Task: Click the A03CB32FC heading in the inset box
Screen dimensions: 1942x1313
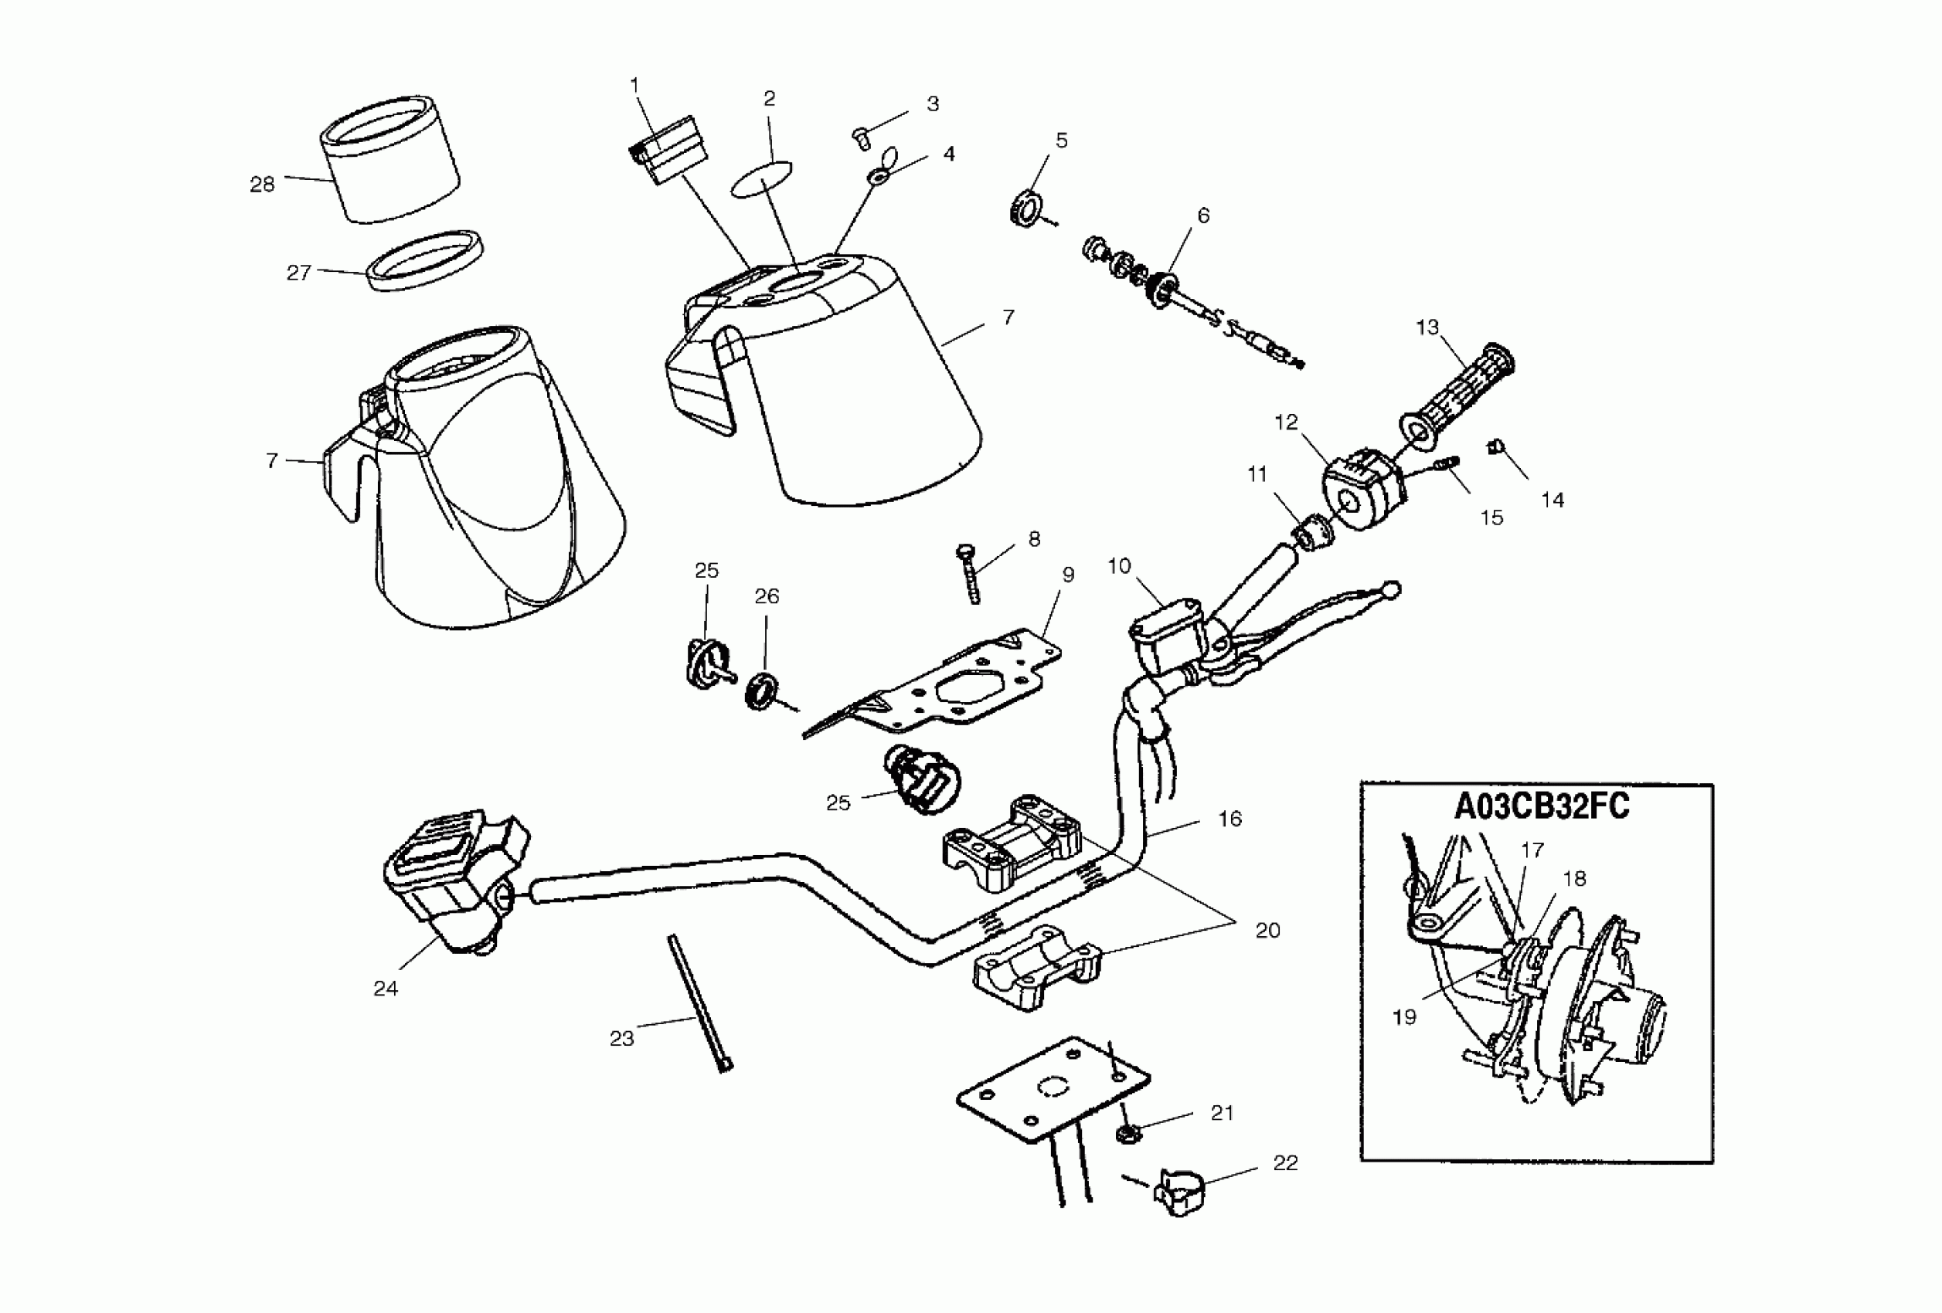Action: pyautogui.click(x=1542, y=808)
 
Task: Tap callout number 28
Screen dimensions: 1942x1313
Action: pyautogui.click(x=263, y=185)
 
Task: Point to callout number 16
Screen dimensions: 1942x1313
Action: pyautogui.click(x=1229, y=819)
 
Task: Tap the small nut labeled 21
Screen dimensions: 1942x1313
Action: pyautogui.click(x=1129, y=1133)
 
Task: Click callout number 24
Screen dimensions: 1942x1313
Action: pyautogui.click(x=385, y=989)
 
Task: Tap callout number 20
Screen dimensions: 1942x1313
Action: pyautogui.click(x=1267, y=931)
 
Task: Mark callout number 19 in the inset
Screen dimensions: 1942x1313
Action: pyautogui.click(x=1404, y=1017)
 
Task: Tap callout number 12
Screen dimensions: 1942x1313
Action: pyautogui.click(x=1285, y=422)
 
